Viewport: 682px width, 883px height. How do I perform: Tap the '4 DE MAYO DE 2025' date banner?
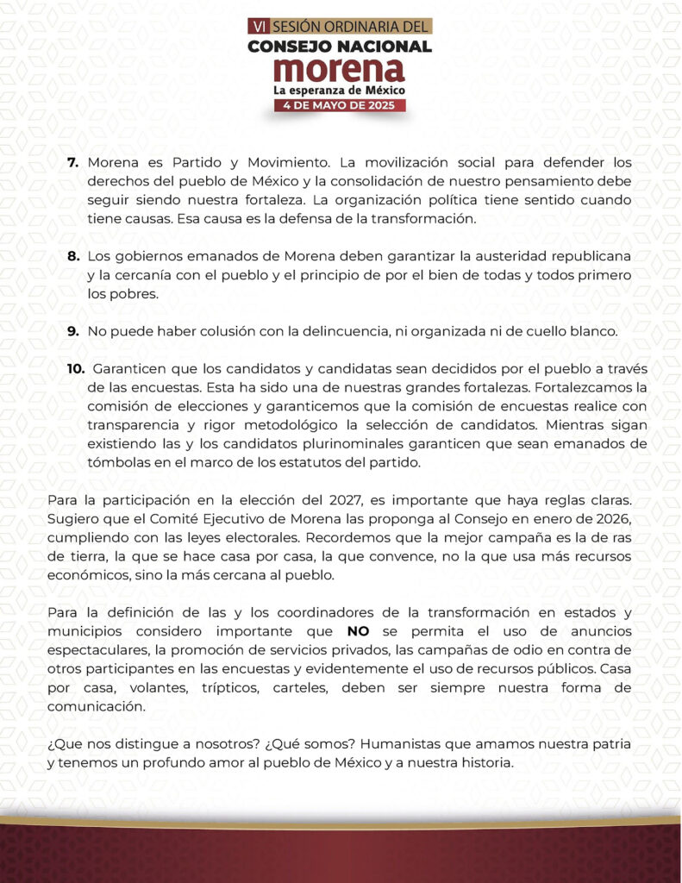tap(340, 105)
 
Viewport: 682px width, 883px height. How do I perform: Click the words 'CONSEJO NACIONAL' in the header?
tap(340, 47)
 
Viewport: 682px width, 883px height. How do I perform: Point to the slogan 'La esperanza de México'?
tap(340, 90)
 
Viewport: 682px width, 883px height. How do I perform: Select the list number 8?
tap(73, 257)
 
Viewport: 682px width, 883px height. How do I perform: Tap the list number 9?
tap(73, 331)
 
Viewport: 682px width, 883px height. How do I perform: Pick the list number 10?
tap(76, 369)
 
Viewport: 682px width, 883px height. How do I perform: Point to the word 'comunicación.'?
tap(101, 705)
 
